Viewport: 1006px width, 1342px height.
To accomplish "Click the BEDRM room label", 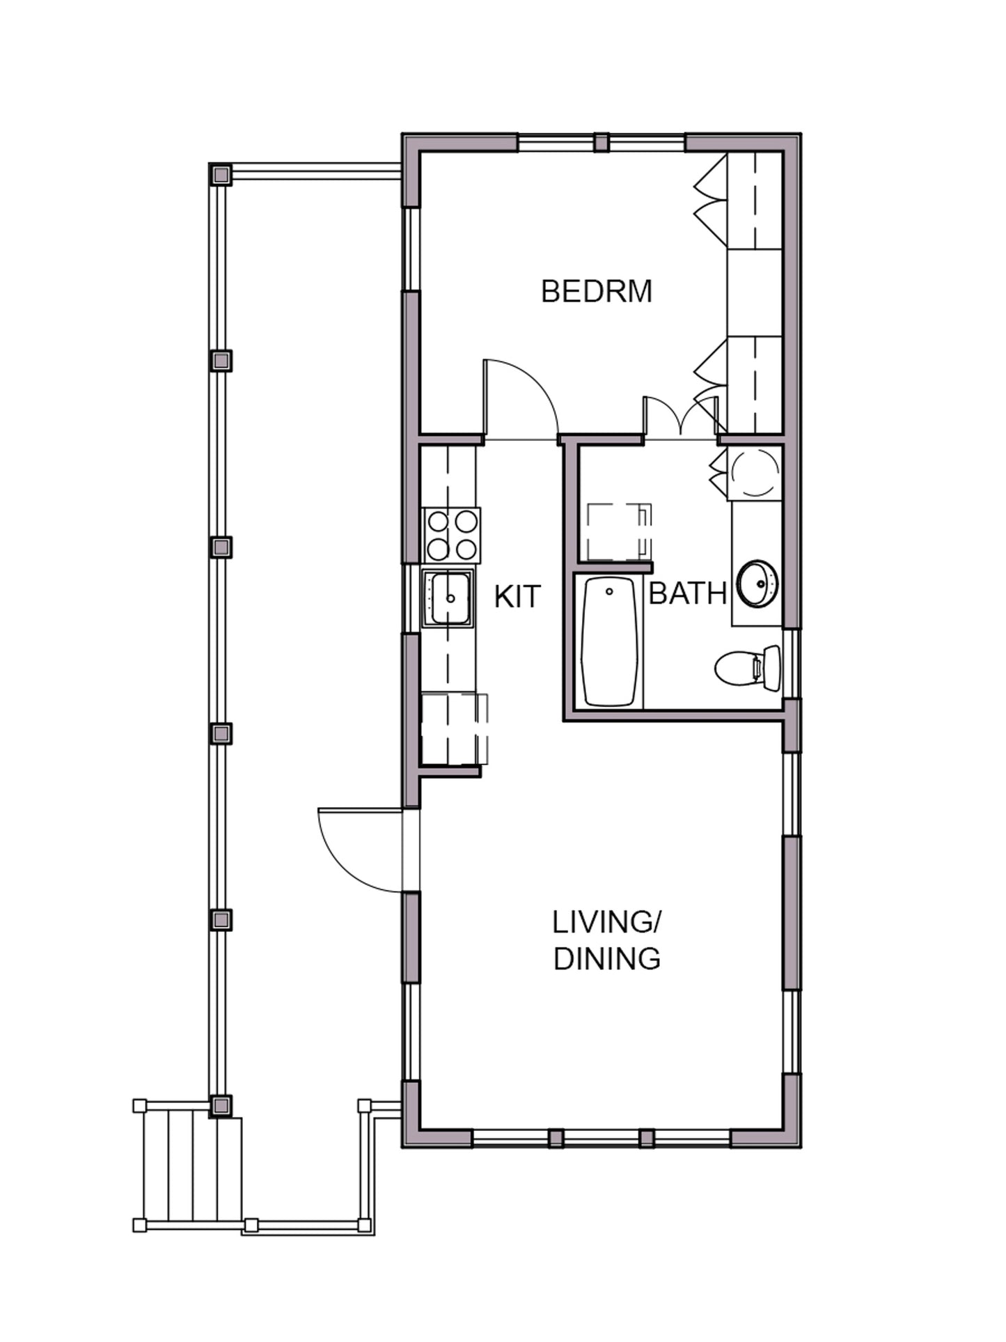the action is click(x=597, y=291).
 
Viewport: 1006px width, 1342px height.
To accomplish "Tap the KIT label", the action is click(x=517, y=597).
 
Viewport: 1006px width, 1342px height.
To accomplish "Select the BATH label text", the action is click(x=688, y=593).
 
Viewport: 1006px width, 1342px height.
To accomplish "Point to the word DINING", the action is click(x=606, y=959).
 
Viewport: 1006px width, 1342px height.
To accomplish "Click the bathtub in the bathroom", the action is click(x=610, y=641).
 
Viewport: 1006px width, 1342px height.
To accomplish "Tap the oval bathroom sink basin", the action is click(x=757, y=582).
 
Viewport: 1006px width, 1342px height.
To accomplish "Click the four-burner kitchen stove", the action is click(x=451, y=536).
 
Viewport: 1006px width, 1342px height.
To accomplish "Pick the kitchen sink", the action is click(x=449, y=598).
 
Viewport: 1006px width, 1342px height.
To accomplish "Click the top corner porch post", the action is click(x=221, y=173).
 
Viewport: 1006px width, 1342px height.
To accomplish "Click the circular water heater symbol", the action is click(x=755, y=472).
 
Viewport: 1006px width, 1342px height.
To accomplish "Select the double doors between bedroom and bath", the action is click(x=681, y=418).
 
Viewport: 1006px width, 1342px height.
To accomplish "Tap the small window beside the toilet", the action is click(x=792, y=664).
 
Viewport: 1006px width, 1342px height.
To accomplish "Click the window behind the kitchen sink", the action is click(x=411, y=598).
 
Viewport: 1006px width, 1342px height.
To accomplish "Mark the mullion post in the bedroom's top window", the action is click(x=602, y=143).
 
